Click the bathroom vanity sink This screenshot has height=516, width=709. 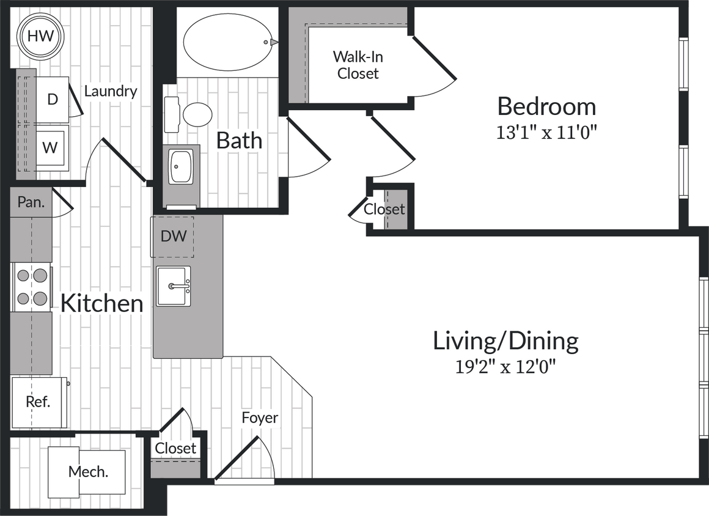coord(181,166)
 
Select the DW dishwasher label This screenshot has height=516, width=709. coord(174,236)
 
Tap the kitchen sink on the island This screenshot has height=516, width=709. coord(173,286)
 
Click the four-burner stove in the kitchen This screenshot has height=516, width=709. coord(31,287)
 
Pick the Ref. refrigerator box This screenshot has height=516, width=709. coord(38,402)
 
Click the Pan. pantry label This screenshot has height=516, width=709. coord(31,202)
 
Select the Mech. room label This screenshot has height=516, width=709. coord(88,472)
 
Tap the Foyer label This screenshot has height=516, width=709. coord(260,418)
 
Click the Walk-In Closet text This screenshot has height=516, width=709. coord(358,65)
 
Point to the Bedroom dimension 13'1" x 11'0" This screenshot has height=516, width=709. coord(546,133)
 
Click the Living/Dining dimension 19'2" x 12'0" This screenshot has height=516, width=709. coord(505,367)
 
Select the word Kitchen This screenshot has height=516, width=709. coord(101,303)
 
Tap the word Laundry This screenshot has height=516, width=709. coord(111,92)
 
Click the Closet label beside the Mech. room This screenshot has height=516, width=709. coord(175,448)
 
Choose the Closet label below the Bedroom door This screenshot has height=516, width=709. coord(384,210)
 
